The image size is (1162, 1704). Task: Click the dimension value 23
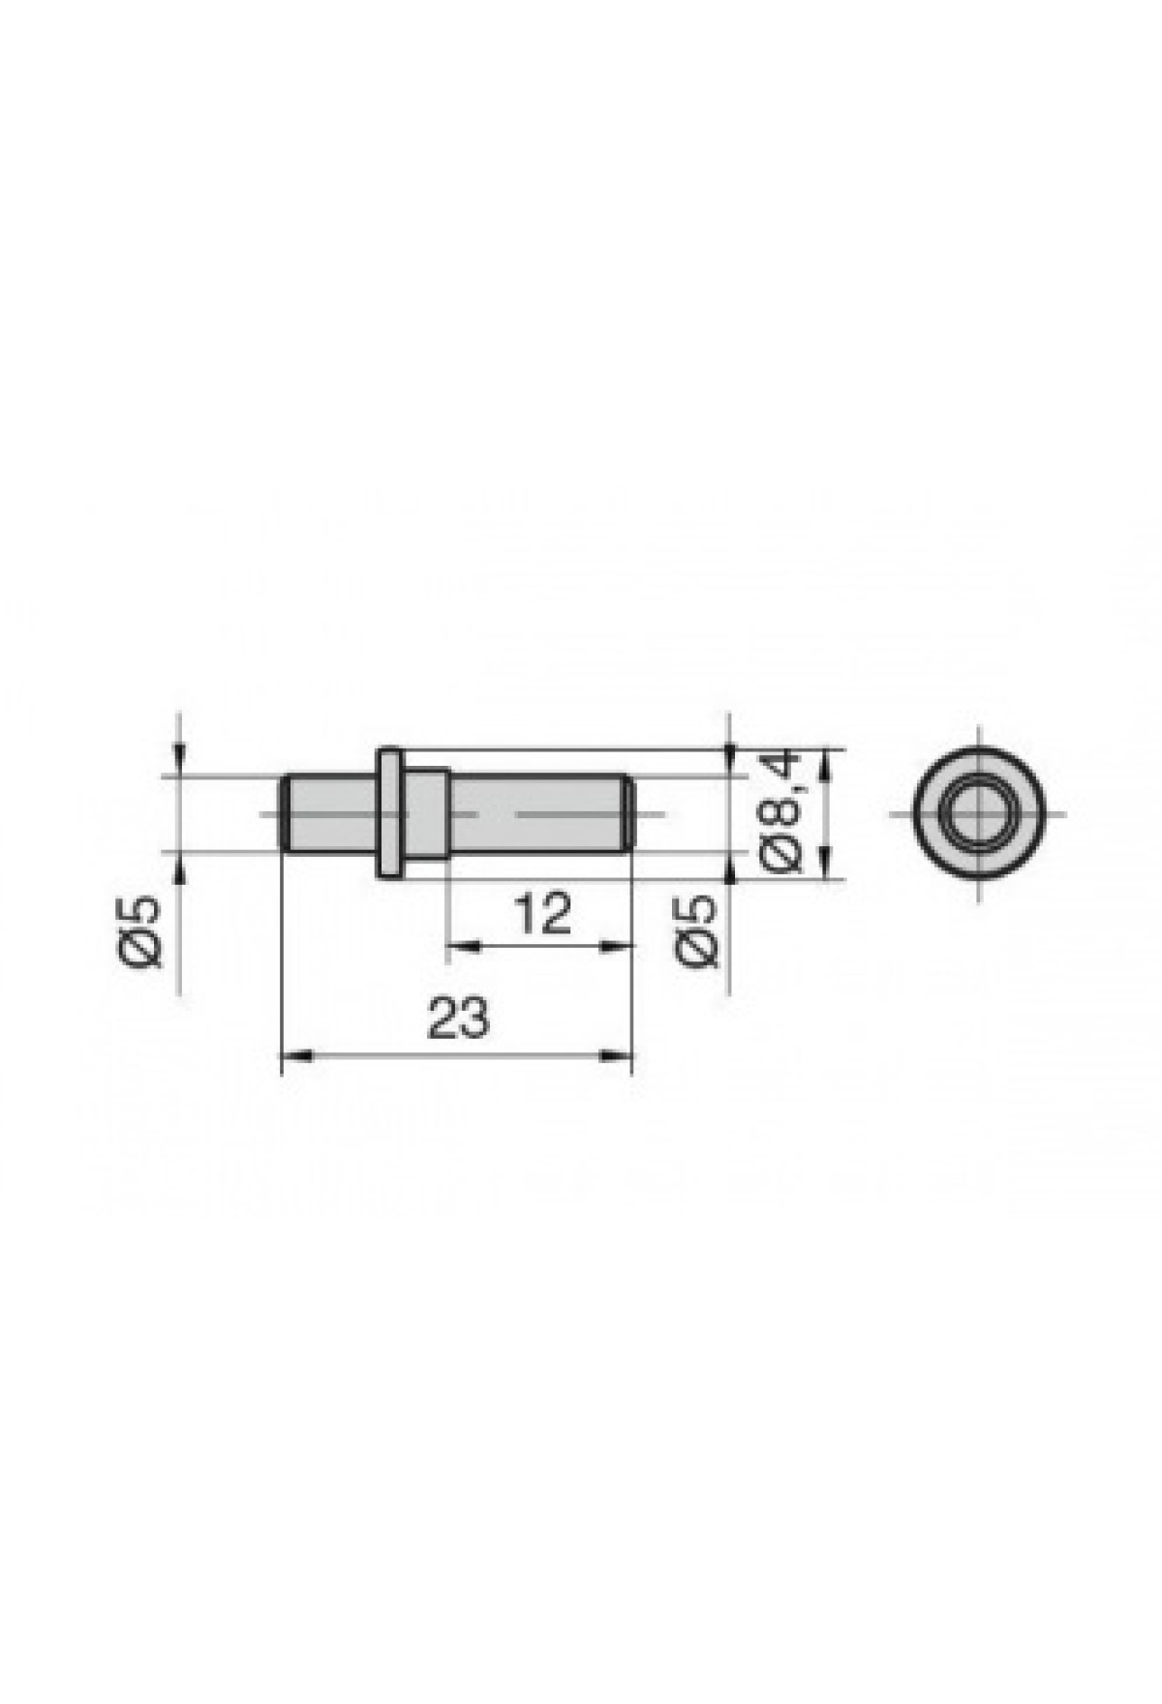(x=458, y=1019)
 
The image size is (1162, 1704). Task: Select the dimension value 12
(x=542, y=913)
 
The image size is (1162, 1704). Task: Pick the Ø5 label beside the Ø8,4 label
(x=698, y=930)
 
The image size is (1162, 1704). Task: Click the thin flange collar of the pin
(x=388, y=813)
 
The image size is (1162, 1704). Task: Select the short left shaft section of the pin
(x=329, y=813)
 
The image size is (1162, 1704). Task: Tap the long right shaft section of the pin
(x=539, y=813)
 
